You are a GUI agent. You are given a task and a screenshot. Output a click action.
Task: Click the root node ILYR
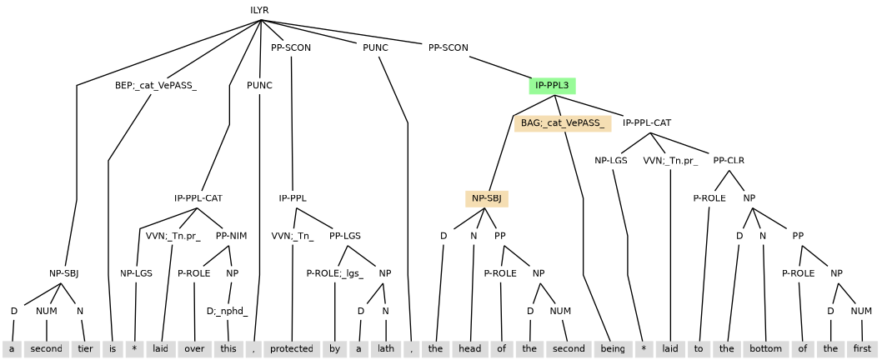[259, 10]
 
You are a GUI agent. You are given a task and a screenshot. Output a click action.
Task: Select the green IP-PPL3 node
[552, 85]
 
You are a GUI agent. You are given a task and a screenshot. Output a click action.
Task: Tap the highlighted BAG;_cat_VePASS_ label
[562, 123]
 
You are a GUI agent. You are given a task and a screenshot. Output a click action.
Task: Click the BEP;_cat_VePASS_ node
[156, 85]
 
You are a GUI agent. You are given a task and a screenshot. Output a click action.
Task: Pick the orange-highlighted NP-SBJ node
[487, 198]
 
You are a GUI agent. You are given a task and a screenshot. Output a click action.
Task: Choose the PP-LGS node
[344, 236]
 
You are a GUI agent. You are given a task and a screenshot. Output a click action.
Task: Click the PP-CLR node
[729, 161]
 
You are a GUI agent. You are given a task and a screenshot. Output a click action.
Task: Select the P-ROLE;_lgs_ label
[335, 273]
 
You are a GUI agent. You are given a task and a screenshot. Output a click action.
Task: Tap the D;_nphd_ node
[228, 311]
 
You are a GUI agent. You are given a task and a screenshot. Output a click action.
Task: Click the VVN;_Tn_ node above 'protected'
[293, 236]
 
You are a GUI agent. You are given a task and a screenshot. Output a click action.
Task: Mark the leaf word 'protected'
[292, 348]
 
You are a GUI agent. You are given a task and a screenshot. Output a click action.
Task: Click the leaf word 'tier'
[81, 348]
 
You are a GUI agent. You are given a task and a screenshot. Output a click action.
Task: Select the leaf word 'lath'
[384, 348]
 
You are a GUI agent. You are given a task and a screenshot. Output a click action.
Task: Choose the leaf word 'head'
[472, 348]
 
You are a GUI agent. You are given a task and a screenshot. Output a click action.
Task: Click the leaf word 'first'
[863, 348]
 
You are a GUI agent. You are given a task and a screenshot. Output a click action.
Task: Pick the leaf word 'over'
[194, 348]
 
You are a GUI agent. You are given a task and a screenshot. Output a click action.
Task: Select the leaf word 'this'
[228, 348]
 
